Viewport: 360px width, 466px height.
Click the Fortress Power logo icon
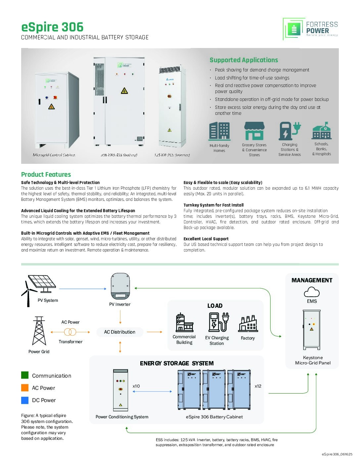pyautogui.click(x=293, y=29)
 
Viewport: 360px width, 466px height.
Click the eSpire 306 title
pyautogui.click(x=52, y=27)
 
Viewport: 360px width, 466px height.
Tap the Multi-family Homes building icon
pyautogui.click(x=219, y=131)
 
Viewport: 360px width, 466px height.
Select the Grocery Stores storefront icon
pyautogui.click(x=254, y=131)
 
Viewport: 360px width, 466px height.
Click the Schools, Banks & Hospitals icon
pyautogui.click(x=322, y=131)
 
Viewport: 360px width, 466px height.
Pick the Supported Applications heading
pyautogui.click(x=244, y=60)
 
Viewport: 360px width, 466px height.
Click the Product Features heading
pyautogui.click(x=46, y=174)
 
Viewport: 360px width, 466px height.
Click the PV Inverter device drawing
pyautogui.click(x=120, y=286)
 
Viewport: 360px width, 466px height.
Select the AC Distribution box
pyautogui.click(x=120, y=332)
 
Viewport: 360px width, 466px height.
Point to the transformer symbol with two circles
pyautogui.click(x=70, y=332)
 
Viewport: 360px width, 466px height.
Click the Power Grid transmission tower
pyautogui.click(x=39, y=331)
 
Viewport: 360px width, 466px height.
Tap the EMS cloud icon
pyautogui.click(x=312, y=292)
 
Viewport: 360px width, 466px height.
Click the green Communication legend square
pyautogui.click(x=25, y=375)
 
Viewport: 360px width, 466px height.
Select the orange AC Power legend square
pyautogui.click(x=25, y=388)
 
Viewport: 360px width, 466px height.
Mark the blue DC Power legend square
pyautogui.click(x=25, y=400)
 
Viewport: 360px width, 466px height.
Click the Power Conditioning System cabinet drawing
pyautogui.click(x=120, y=390)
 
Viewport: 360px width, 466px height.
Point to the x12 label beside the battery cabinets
pyautogui.click(x=258, y=386)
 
